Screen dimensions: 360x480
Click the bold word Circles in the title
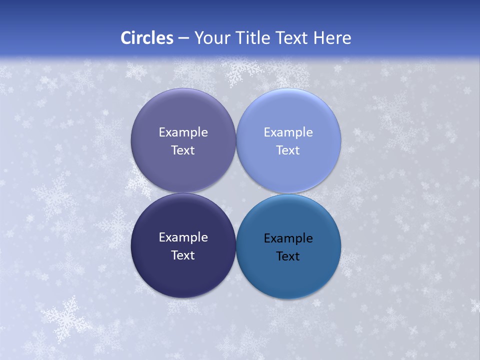coord(146,38)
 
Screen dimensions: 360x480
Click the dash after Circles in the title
coord(183,38)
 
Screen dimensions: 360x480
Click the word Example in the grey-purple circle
coord(183,132)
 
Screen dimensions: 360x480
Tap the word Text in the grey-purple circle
coord(183,150)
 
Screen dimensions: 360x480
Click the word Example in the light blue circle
coord(288,132)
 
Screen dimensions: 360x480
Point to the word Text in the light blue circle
coord(288,150)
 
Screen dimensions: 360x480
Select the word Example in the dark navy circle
coord(183,237)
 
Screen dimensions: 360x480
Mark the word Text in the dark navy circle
coord(183,255)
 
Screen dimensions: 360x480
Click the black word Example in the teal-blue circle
coord(288,238)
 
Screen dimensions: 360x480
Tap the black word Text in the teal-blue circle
coord(288,256)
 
